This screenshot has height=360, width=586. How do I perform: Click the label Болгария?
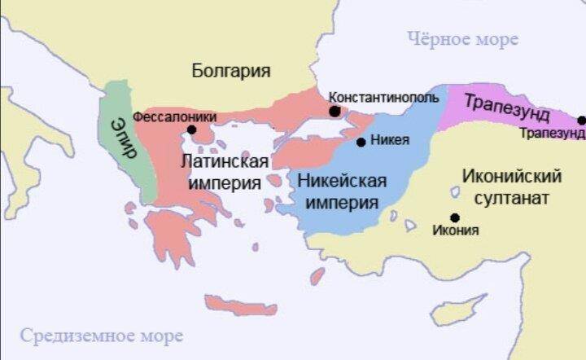click(231, 71)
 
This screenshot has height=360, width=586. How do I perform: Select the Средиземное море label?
click(102, 336)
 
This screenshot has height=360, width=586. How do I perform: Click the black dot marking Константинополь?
click(335, 111)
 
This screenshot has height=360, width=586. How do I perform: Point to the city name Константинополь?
click(383, 97)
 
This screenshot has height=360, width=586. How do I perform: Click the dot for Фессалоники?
click(191, 130)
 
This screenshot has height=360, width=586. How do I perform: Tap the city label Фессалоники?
click(174, 116)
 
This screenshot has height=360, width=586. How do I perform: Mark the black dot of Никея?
click(361, 142)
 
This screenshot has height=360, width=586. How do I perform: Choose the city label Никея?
click(389, 140)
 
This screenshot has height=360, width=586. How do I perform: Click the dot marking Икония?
click(454, 217)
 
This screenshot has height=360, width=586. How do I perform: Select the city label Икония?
click(455, 230)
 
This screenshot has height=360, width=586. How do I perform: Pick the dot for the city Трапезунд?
click(581, 121)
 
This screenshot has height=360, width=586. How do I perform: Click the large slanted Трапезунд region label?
click(507, 107)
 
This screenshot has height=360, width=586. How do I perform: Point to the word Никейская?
click(342, 181)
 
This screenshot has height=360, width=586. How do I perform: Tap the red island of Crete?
click(241, 305)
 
